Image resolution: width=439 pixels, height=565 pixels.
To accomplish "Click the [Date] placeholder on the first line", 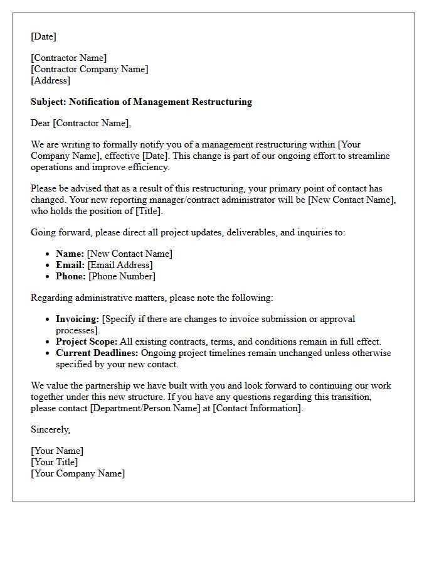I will tap(43, 36).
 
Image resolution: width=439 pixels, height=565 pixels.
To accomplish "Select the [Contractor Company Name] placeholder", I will tap(90, 69).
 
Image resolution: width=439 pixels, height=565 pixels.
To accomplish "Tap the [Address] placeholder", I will tap(50, 80).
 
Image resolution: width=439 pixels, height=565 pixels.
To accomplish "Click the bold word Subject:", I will tap(48, 102).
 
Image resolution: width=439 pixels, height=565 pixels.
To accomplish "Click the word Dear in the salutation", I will tap(41, 123).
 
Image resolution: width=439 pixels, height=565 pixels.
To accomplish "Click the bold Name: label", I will tap(70, 254).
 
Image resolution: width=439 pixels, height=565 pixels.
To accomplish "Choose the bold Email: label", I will tap(70, 265).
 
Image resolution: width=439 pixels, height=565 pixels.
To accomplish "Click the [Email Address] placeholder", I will tap(120, 265).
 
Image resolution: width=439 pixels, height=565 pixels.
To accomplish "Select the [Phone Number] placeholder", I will tap(122, 276).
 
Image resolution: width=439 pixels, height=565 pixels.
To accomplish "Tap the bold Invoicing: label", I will tap(77, 319).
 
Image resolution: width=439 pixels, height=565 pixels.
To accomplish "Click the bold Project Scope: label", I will tap(87, 342).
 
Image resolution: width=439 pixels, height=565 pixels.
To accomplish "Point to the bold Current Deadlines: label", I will tap(97, 353).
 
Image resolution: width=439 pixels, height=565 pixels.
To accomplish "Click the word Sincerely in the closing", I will tap(50, 429).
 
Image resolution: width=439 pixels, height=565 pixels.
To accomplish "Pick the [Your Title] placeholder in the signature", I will tap(54, 462).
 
